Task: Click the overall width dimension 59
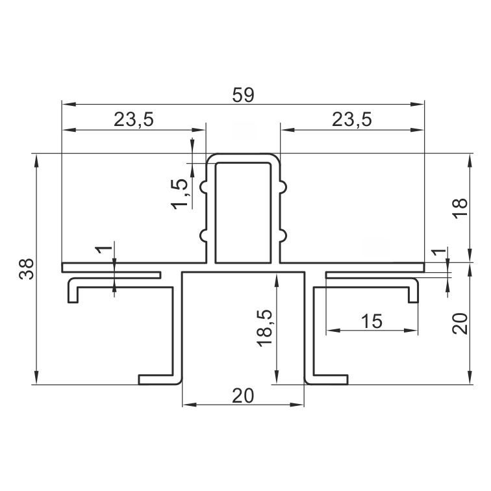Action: [243, 95]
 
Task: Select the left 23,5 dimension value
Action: [134, 120]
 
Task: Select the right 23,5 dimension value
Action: [351, 120]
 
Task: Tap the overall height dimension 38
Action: [26, 269]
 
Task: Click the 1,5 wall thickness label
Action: [181, 194]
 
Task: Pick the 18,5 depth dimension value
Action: [265, 328]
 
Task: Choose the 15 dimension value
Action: [371, 321]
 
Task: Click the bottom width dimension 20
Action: [243, 396]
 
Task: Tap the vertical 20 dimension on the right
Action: [460, 323]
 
